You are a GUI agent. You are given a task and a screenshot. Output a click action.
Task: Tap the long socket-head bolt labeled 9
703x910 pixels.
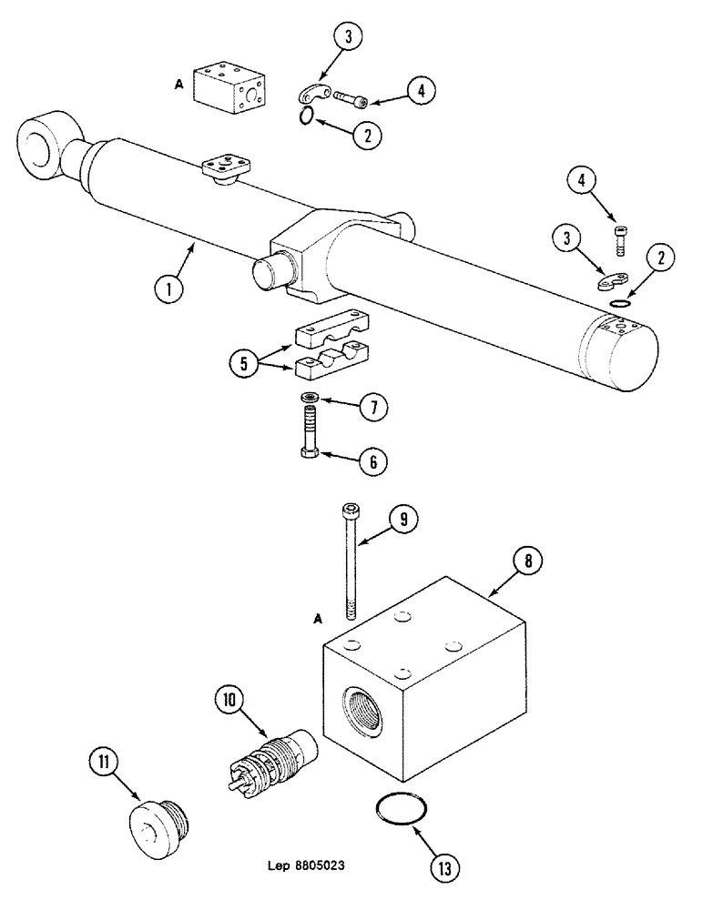[x=350, y=560]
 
